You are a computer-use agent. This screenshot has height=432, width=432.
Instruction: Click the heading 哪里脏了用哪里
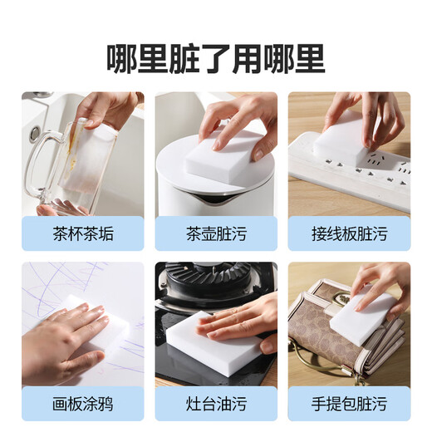pos(216,58)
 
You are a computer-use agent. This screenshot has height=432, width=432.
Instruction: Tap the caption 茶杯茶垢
pos(82,235)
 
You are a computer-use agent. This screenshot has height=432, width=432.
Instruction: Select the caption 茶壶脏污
pos(216,235)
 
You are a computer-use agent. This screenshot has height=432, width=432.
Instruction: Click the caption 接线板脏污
pos(349,235)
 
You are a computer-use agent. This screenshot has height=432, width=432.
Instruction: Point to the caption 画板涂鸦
pos(82,405)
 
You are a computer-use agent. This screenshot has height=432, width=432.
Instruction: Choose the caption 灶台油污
pos(216,405)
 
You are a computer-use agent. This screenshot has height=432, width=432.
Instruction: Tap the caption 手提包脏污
pos(349,405)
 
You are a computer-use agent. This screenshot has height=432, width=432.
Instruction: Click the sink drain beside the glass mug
pos(33,133)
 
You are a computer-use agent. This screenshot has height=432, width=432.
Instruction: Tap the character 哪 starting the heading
pos(122,58)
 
